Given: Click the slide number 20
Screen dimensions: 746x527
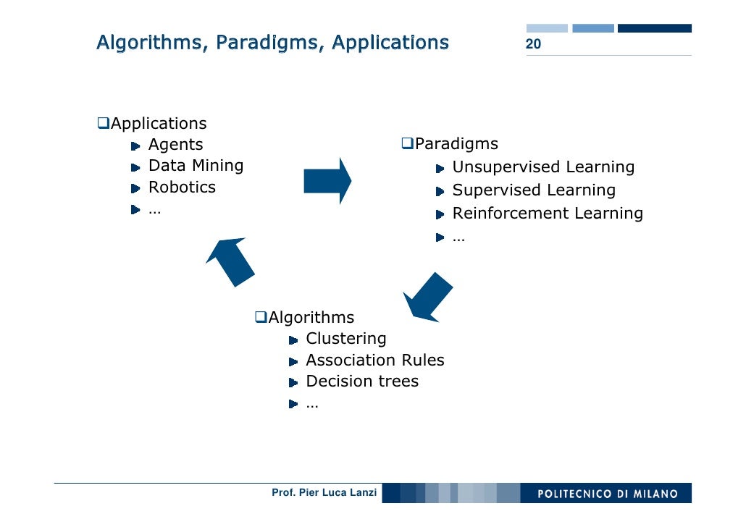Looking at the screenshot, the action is [x=533, y=45].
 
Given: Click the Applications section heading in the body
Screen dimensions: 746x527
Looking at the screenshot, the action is [x=158, y=124].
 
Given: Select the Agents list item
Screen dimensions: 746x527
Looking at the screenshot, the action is [x=175, y=145].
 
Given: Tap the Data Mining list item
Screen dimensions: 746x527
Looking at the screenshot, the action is [x=196, y=166].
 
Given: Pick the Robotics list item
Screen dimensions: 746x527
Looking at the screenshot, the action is [x=182, y=187].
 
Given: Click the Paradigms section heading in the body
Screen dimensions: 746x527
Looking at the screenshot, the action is [x=456, y=144].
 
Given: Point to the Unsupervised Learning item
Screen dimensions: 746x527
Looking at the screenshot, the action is [x=543, y=167].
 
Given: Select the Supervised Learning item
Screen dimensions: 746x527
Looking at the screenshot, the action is [x=534, y=190].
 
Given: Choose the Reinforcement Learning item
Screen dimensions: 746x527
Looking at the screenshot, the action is [x=548, y=214].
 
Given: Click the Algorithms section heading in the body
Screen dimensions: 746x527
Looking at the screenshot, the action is [x=311, y=317].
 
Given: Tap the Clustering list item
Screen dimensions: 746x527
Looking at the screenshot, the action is [x=346, y=339].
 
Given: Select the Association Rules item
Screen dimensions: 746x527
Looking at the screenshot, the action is [x=375, y=361].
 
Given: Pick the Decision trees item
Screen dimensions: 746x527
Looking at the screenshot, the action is [x=362, y=381].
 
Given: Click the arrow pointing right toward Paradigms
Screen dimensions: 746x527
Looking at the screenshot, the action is [x=327, y=180].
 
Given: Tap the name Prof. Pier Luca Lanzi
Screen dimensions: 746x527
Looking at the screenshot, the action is [x=324, y=493].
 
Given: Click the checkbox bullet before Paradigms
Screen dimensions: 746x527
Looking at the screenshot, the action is [x=407, y=144].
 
